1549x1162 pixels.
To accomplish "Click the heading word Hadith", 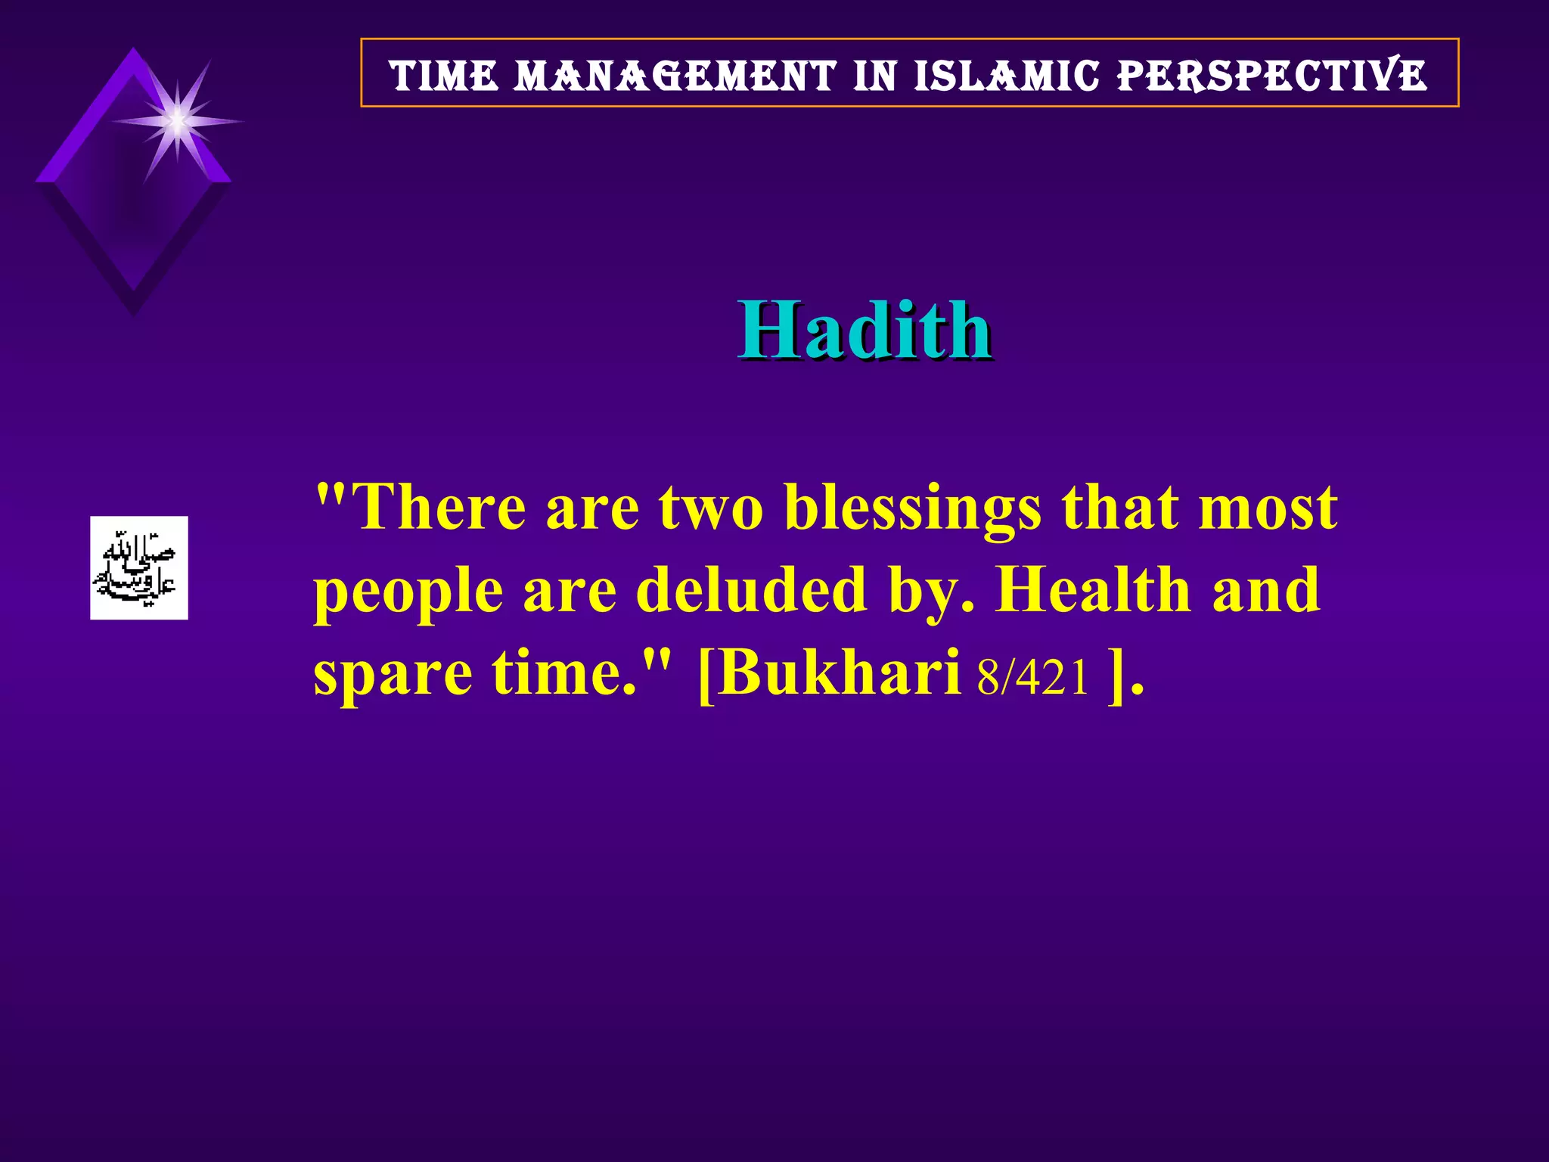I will [x=865, y=330].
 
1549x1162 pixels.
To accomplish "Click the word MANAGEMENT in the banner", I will [x=675, y=76].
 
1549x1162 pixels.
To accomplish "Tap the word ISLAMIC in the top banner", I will [x=1006, y=76].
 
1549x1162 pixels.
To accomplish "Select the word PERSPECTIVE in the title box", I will [x=1272, y=76].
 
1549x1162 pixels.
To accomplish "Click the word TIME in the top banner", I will [x=444, y=76].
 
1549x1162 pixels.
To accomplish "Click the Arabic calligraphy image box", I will [x=139, y=568].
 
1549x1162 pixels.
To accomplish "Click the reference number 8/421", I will [x=1032, y=676].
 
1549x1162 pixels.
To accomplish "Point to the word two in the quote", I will [x=711, y=508].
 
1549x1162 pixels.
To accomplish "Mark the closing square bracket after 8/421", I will [x=1115, y=675].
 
